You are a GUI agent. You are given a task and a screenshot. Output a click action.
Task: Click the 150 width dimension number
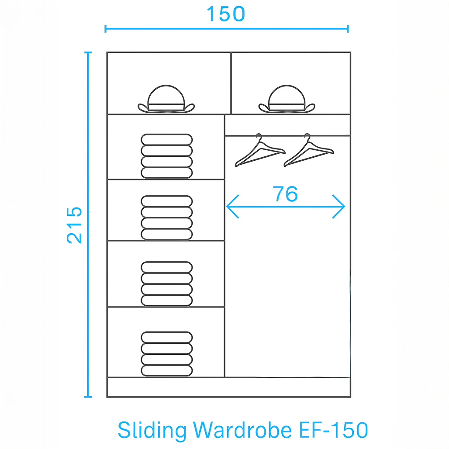(x=226, y=14)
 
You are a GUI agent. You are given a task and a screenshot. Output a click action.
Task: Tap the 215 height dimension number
(x=74, y=225)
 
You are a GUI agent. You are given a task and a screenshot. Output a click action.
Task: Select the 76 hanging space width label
(x=285, y=194)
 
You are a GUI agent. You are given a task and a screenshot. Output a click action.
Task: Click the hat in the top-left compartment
(x=166, y=99)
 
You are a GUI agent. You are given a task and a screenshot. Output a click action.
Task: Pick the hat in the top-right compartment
(x=287, y=99)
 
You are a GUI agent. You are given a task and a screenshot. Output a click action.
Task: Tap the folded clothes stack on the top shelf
(x=167, y=156)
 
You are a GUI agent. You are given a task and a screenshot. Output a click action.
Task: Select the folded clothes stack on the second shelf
(x=167, y=218)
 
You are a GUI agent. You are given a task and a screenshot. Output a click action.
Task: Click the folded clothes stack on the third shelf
(x=167, y=284)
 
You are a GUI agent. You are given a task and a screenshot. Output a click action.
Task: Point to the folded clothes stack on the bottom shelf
(x=167, y=354)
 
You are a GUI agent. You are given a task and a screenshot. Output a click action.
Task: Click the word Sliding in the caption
(x=152, y=430)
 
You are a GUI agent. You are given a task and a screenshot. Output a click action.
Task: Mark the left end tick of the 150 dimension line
(x=105, y=29)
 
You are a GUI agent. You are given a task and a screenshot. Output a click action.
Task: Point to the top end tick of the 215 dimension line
(x=88, y=52)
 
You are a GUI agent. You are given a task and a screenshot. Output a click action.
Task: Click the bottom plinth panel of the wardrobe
(x=229, y=387)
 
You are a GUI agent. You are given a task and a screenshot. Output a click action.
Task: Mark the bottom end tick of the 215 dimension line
(x=88, y=397)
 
